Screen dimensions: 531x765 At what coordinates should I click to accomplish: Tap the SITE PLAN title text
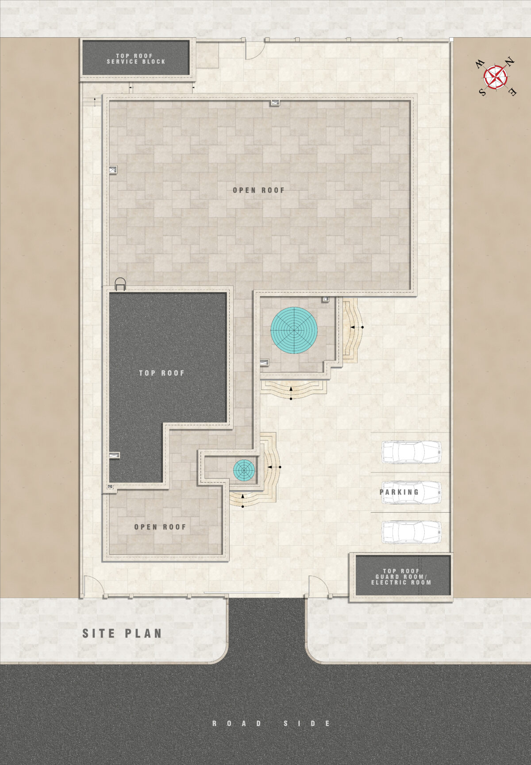tap(122, 634)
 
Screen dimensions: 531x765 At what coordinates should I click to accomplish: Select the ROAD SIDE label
tap(271, 723)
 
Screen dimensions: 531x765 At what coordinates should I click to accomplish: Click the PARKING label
tap(399, 492)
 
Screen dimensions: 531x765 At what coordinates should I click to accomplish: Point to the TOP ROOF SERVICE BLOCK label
tap(136, 59)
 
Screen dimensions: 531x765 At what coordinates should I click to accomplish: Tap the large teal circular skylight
tap(294, 330)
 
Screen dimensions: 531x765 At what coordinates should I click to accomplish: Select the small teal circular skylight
tap(244, 470)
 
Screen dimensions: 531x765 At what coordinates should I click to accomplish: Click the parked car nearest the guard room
tap(412, 532)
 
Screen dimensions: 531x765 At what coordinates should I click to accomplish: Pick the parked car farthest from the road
tap(412, 452)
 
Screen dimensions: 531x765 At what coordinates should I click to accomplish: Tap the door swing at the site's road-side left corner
tap(93, 586)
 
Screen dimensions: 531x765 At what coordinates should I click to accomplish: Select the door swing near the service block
tap(255, 50)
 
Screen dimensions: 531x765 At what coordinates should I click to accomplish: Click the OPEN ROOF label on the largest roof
tap(259, 190)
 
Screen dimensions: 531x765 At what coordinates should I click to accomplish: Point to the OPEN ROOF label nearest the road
tap(160, 527)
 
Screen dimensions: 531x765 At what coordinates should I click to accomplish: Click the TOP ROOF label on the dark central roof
tap(162, 373)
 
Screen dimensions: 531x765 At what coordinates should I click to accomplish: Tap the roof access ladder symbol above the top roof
tap(120, 284)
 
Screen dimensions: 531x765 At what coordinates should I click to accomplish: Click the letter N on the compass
tap(510, 62)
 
